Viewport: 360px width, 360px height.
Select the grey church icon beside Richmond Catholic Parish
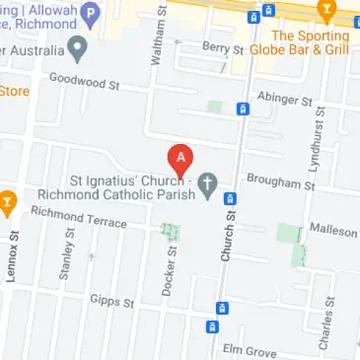207,184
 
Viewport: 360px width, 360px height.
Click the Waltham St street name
155,39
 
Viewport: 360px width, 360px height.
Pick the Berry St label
221,47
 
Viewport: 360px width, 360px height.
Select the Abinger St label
283,100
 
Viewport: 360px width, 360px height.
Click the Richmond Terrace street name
79,216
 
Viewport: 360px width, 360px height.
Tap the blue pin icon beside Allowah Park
92,13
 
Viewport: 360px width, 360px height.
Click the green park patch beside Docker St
172,236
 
